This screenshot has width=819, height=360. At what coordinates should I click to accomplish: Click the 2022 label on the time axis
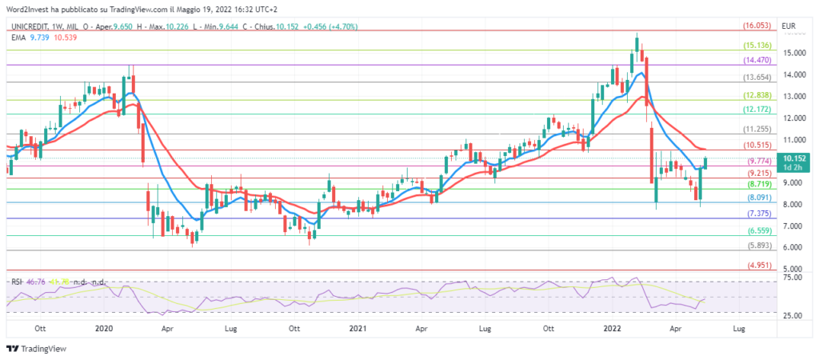pyautogui.click(x=613, y=329)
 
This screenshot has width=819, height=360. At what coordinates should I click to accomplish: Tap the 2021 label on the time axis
pyautogui.click(x=359, y=329)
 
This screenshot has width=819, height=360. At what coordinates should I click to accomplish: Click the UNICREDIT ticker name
pyautogui.click(x=28, y=26)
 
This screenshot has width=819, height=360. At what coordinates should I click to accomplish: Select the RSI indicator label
pyautogui.click(x=16, y=282)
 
